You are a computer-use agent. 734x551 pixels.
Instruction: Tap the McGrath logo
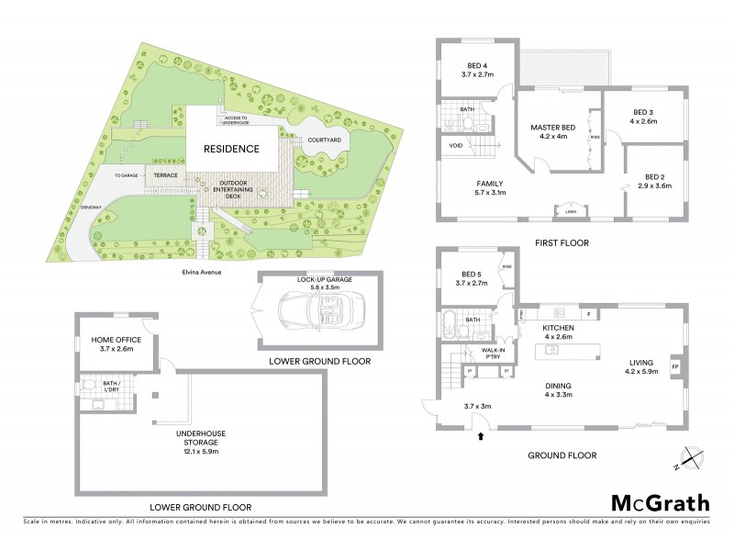(x=660, y=502)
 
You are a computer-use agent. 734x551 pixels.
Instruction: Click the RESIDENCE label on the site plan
(x=231, y=148)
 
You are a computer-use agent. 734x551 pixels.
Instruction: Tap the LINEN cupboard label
(x=572, y=212)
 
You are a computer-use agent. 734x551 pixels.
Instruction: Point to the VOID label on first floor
(x=456, y=146)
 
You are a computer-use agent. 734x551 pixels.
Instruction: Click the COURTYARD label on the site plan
(x=324, y=140)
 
